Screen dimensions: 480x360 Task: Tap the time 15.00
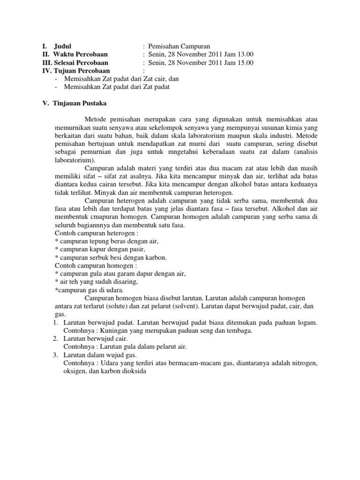[244, 63]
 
